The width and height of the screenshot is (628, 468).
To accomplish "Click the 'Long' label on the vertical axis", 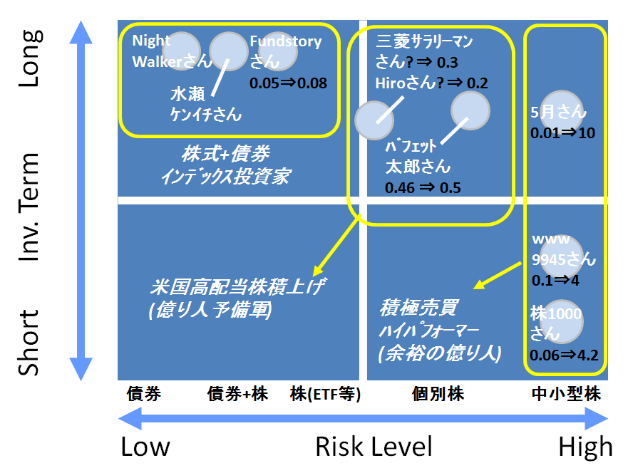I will (31, 58).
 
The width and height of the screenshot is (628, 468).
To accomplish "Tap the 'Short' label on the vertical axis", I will (31, 343).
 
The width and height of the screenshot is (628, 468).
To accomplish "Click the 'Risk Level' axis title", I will (374, 447).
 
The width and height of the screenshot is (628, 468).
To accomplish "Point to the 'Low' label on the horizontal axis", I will (145, 447).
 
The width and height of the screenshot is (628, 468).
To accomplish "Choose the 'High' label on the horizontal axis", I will (585, 447).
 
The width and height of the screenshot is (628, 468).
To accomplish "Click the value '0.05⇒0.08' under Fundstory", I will (288, 83).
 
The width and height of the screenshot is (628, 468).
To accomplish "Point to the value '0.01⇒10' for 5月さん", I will (562, 133).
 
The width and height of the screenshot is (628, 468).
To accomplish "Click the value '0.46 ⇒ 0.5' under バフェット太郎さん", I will (423, 188).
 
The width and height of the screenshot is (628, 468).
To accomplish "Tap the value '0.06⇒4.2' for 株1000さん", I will (564, 354).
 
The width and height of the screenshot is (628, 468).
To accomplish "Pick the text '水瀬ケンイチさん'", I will (205, 104).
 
